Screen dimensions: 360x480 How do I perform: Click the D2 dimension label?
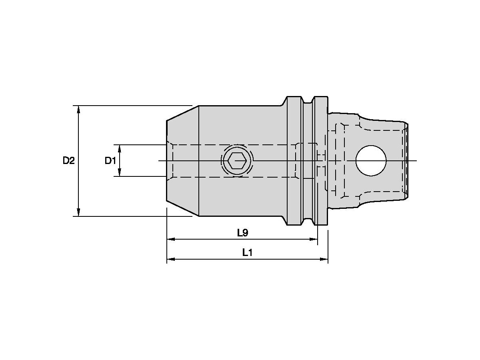pos(68,161)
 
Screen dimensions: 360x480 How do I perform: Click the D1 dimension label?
pos(110,161)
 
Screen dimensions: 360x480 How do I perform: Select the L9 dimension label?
pos(242,232)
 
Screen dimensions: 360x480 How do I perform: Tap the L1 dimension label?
pos(247,252)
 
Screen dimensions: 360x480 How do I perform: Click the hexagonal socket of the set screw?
pos(237,161)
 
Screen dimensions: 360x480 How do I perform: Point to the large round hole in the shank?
pos(371,161)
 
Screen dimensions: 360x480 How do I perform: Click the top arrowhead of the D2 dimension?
pos(78,109)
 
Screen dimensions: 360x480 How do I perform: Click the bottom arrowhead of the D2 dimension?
pos(78,212)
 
